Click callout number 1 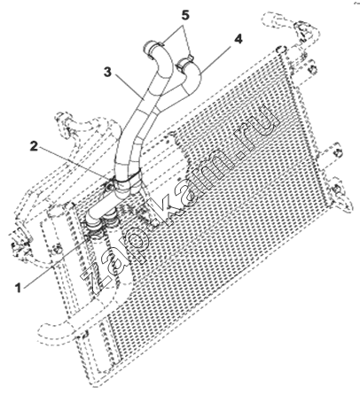(x=19, y=288)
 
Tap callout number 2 (x=35, y=146)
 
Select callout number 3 (x=108, y=72)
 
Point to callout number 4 (x=239, y=39)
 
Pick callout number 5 (x=185, y=15)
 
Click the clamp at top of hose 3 (x=154, y=48)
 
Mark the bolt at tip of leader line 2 (x=110, y=186)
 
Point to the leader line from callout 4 (x=215, y=58)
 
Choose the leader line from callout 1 (x=55, y=260)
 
